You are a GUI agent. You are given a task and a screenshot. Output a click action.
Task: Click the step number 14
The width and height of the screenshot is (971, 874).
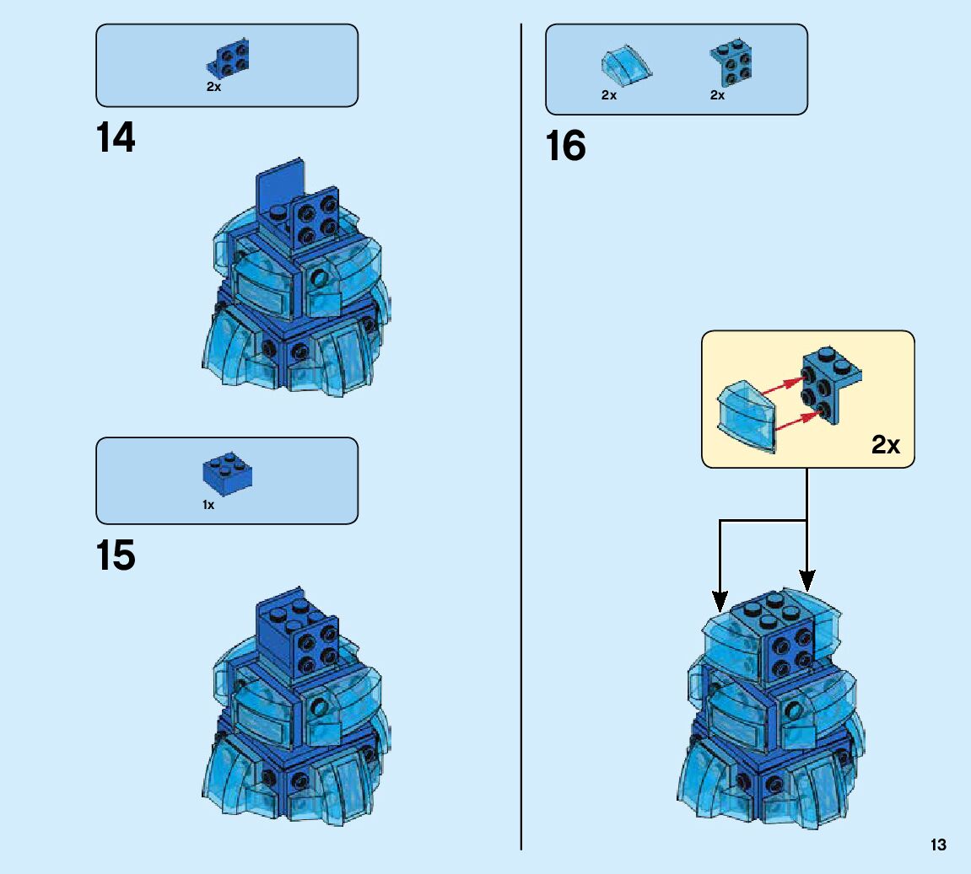116,138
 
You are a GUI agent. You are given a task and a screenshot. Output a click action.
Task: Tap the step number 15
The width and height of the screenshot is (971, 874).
116,556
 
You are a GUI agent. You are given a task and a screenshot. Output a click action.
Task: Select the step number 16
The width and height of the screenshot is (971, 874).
565,147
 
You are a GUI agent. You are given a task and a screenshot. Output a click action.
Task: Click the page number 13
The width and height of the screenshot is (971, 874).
938,845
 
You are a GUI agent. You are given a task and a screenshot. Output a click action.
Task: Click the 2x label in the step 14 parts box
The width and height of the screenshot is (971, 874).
213,88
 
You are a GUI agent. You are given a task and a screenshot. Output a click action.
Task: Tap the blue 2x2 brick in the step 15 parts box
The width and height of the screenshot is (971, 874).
228,474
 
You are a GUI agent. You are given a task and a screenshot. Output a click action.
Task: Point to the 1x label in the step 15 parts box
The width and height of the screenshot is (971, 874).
208,505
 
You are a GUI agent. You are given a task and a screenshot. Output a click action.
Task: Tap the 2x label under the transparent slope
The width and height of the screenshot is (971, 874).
609,95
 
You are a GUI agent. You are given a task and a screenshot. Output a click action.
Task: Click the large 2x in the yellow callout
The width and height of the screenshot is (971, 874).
886,445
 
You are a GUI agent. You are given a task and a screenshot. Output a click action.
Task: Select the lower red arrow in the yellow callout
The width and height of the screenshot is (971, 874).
794,421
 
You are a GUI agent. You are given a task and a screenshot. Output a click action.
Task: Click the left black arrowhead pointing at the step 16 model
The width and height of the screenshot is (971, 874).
720,602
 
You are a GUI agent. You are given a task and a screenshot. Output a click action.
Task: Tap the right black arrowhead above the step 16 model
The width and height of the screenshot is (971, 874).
807,582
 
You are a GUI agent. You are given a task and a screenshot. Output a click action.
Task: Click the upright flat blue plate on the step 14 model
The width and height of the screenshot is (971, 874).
279,186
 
